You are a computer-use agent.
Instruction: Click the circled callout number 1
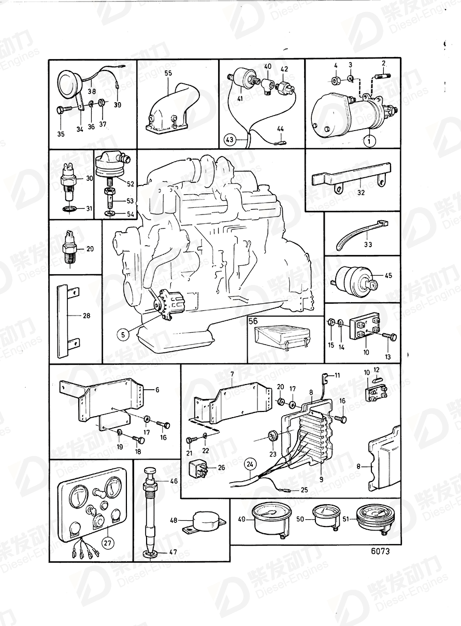(x=369, y=139)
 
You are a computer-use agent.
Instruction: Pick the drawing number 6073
(x=380, y=551)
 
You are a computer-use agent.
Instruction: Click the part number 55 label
(x=168, y=74)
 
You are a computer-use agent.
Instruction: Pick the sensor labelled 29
(x=70, y=249)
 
